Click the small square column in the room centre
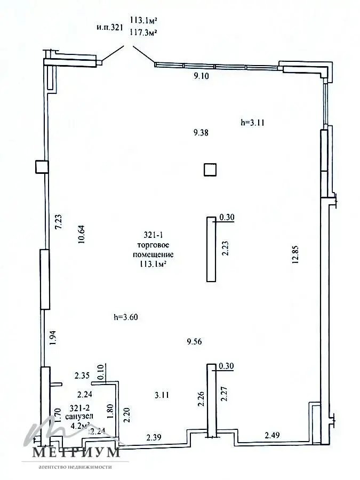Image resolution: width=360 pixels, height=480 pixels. click(210, 170)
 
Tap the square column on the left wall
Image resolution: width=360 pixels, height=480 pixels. click(42, 167)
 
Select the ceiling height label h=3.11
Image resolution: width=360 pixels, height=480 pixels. click(253, 122)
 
